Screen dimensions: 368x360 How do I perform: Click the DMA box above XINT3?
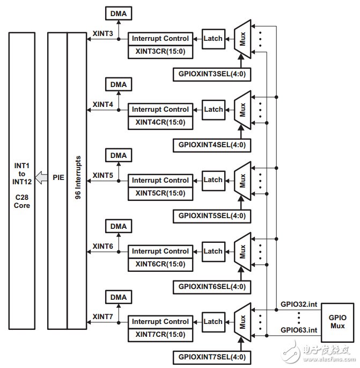(x=119, y=13)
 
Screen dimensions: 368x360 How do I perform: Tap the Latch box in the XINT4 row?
(x=213, y=109)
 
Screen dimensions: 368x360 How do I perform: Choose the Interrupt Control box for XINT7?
(x=160, y=322)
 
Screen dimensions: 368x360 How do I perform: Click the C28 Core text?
(x=22, y=200)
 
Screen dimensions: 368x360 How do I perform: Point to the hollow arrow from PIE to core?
(x=41, y=176)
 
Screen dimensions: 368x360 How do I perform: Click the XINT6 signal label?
(x=102, y=246)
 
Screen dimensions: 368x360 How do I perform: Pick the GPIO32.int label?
(x=298, y=304)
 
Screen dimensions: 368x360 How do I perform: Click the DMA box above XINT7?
(x=119, y=297)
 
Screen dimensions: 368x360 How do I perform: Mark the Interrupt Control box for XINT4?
(x=160, y=109)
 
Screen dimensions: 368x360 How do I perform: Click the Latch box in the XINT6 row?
(x=213, y=251)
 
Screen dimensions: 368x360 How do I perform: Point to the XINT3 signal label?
(x=102, y=33)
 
